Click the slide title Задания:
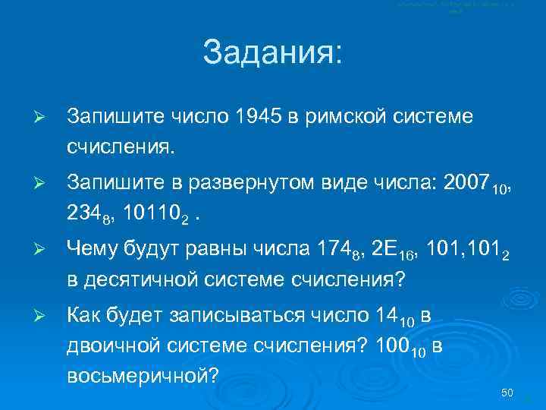pos(272,55)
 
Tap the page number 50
pos(507,393)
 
